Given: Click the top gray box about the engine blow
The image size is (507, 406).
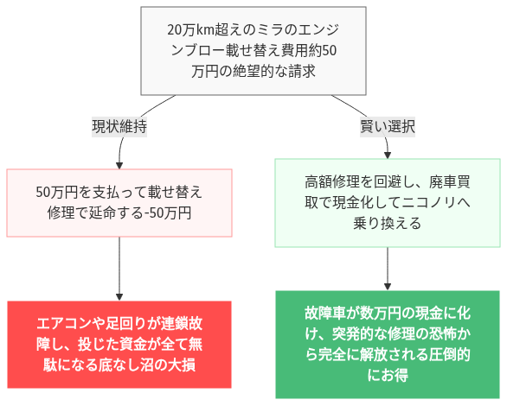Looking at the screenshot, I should pos(253,50).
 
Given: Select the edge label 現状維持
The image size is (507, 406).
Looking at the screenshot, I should pos(119,126).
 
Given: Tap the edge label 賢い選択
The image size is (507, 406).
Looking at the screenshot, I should pos(388,126).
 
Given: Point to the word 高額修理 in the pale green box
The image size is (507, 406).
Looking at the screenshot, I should pos(333,182).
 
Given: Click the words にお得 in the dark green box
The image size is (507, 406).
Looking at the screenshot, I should pos(388,376).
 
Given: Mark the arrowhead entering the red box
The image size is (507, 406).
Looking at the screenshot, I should pos(119,295).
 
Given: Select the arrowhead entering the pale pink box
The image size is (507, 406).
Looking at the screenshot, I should pos(119,164).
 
